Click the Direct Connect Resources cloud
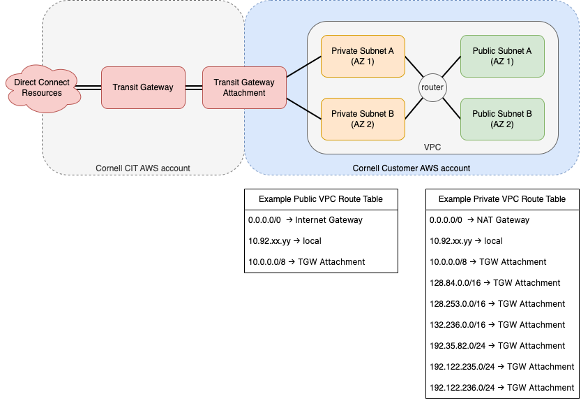coord(43,88)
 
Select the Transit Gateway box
coord(143,87)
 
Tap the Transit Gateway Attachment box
coord(244,87)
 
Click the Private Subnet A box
coord(363,57)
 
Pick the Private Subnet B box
coord(363,119)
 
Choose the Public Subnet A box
coord(502,57)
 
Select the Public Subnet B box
coord(502,119)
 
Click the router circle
coord(432,87)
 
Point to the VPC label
coord(432,147)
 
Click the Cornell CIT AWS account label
coord(143,168)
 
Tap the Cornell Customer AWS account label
coord(412,168)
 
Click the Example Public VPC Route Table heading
coord(321,199)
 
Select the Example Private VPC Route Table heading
coord(502,199)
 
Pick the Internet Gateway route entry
coord(305,220)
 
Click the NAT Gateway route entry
coord(479,220)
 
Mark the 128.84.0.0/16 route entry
coord(495,283)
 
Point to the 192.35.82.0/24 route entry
coord(497,346)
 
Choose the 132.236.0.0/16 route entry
coord(497,325)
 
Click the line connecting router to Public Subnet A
coord(451,67)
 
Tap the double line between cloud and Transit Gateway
coord(88,87)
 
